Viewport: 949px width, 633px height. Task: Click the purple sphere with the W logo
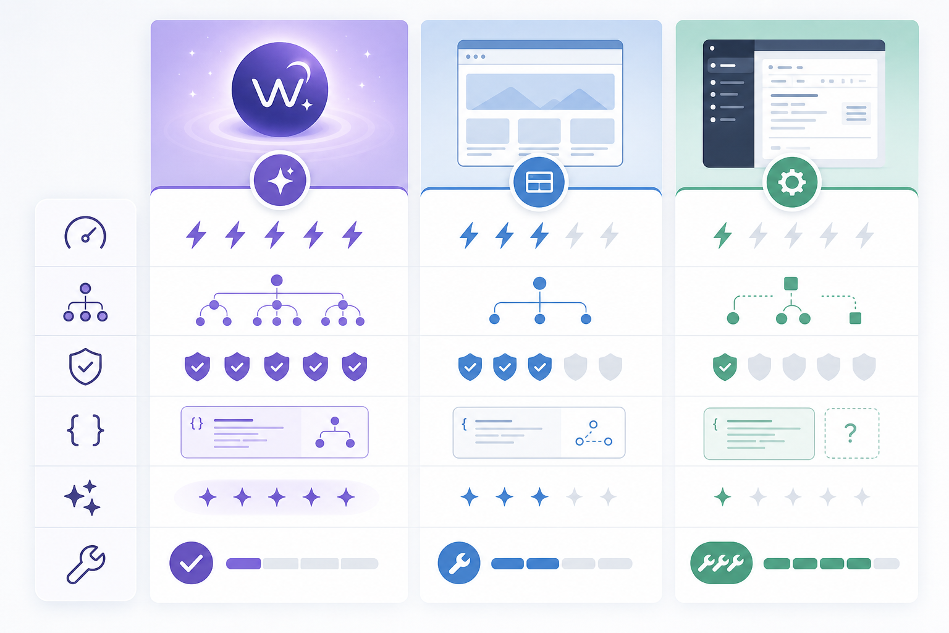coord(280,90)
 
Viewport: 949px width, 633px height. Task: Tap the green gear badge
coord(791,182)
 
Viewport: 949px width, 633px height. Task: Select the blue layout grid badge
coord(539,182)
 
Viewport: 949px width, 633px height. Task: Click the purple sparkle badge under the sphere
coord(280,180)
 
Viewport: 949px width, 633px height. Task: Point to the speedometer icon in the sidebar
coord(85,233)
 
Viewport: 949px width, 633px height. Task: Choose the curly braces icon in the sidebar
coord(85,430)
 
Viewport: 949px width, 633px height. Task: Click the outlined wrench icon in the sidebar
coord(86,564)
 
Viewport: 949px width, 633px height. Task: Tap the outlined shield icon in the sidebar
coord(85,367)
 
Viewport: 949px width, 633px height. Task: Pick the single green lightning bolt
coord(723,235)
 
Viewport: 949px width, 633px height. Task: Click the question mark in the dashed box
coord(851,433)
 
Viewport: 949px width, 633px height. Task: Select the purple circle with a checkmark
coord(191,563)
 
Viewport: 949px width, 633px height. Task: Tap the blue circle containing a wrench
coord(459,563)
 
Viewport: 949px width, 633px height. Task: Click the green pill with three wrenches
coord(721,563)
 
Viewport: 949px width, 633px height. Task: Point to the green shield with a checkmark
coord(725,367)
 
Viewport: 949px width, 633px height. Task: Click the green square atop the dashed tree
coord(791,283)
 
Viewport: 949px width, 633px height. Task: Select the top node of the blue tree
coord(539,283)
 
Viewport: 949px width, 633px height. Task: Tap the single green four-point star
coord(723,497)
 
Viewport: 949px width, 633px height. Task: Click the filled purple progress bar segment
coord(243,564)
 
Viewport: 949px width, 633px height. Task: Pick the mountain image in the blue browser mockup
coord(540,91)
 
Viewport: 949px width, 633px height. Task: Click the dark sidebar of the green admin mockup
coord(728,103)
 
